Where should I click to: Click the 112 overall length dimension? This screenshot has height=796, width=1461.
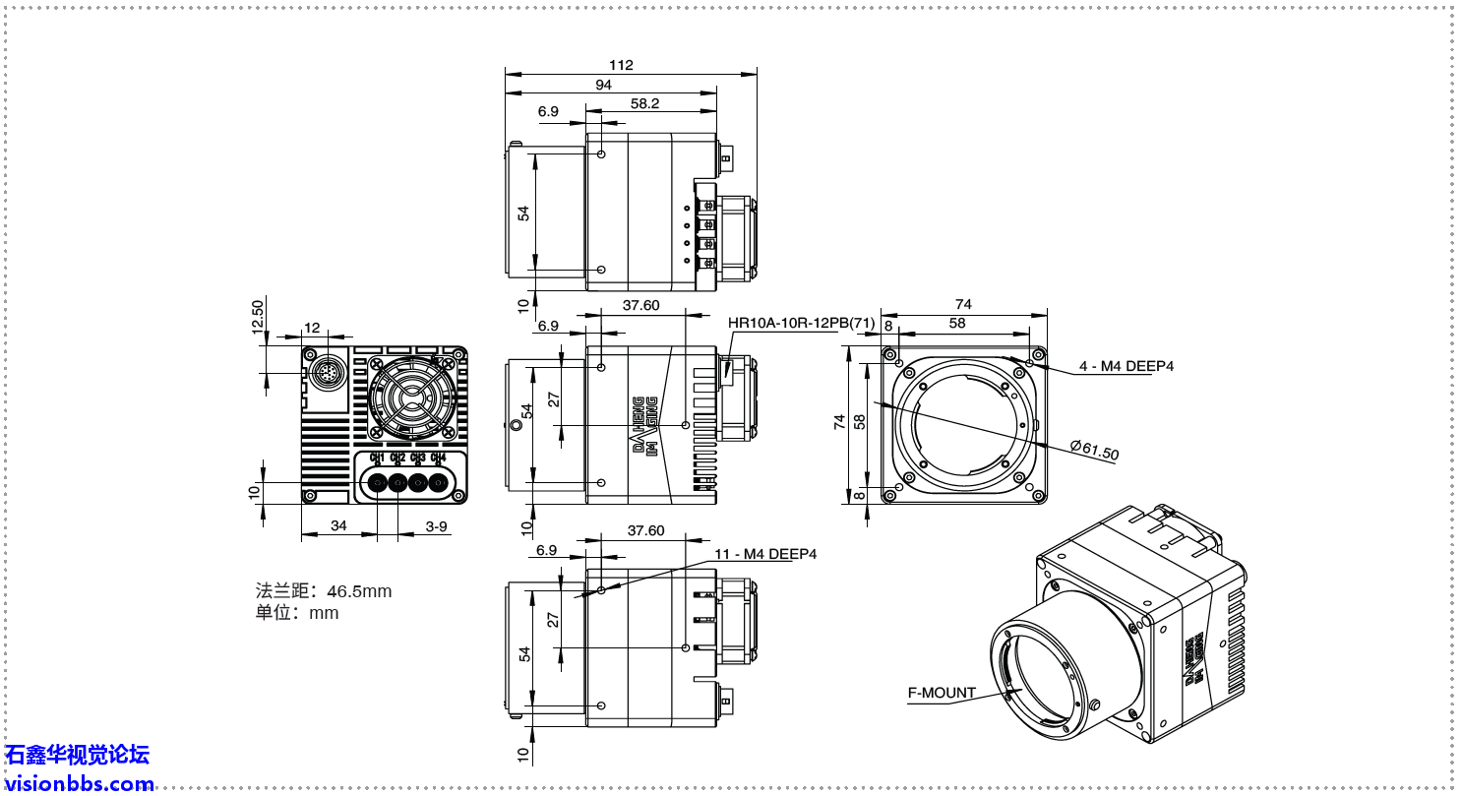point(621,65)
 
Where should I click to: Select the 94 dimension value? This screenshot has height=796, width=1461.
point(603,86)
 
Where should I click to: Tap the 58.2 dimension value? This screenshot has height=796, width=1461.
point(645,103)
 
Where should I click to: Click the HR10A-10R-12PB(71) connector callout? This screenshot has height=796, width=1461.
point(801,322)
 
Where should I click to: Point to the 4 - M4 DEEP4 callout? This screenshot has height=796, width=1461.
point(1126,366)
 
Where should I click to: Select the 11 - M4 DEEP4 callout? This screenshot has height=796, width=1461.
point(765,554)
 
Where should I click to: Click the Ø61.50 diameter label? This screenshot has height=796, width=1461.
point(1094,451)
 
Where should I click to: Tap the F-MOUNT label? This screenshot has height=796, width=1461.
point(942,693)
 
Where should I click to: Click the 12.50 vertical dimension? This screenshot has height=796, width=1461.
point(258,316)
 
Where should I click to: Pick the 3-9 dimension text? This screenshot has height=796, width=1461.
point(437,526)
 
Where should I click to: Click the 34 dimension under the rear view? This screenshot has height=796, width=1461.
point(338,526)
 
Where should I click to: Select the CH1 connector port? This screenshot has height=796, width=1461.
point(378,483)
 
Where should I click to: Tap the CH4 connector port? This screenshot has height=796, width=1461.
point(438,483)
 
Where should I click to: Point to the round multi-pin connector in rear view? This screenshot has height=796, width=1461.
point(326,372)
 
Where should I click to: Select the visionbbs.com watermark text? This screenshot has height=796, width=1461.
point(79,784)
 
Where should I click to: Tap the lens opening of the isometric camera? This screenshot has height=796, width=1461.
point(1034,669)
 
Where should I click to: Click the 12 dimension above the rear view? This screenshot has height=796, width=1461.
point(312,328)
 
